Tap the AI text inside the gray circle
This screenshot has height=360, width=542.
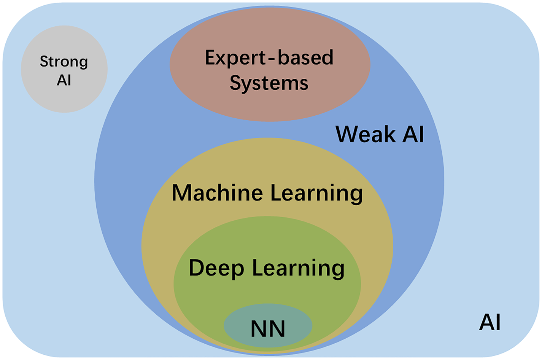tap(64, 80)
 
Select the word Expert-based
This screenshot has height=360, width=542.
tap(269, 58)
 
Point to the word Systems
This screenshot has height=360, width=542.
tap(269, 83)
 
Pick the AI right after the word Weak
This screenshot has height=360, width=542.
tap(413, 134)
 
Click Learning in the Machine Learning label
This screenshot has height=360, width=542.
tap(316, 193)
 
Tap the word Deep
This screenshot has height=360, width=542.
tap(216, 268)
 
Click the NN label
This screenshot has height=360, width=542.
tap(268, 329)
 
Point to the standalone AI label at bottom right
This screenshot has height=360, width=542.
tap(490, 323)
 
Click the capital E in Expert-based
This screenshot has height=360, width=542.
tap(210, 58)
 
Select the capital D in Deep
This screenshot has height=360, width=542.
tap(196, 268)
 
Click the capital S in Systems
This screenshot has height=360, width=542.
tap(235, 83)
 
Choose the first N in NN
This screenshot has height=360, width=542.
tap(258, 329)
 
